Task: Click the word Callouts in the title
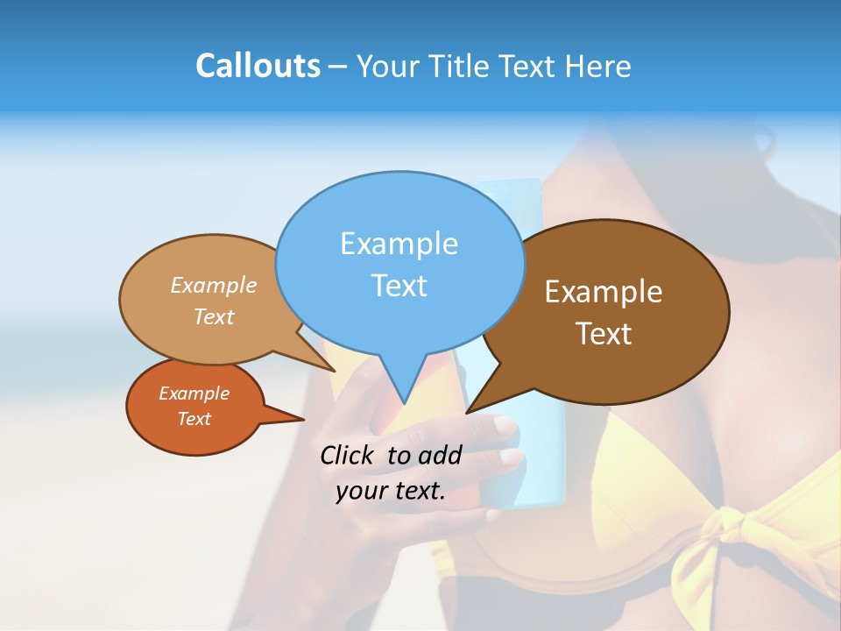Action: coord(258,66)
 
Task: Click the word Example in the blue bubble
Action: coord(399,244)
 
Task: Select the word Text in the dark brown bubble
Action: coord(604,334)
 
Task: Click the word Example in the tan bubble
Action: coord(214,286)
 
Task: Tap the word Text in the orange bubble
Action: coord(194,419)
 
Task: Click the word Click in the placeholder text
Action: coord(348,455)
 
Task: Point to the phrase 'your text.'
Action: coord(391,491)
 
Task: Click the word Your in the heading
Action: coord(389,66)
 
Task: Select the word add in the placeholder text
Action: coord(440,455)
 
